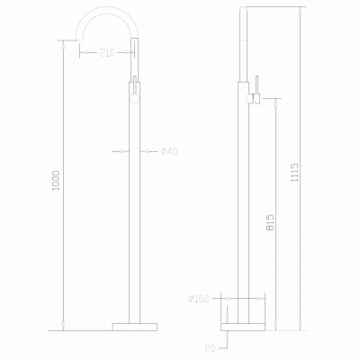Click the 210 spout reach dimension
click(107, 53)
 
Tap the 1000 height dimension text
click(57, 181)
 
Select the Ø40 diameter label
click(169, 151)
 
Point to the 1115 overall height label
click(295, 172)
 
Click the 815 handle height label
click(270, 222)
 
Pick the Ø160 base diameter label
click(199, 299)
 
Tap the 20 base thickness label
click(211, 348)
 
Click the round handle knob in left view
click(135, 98)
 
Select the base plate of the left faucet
click(135, 327)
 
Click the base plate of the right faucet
click(243, 327)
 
